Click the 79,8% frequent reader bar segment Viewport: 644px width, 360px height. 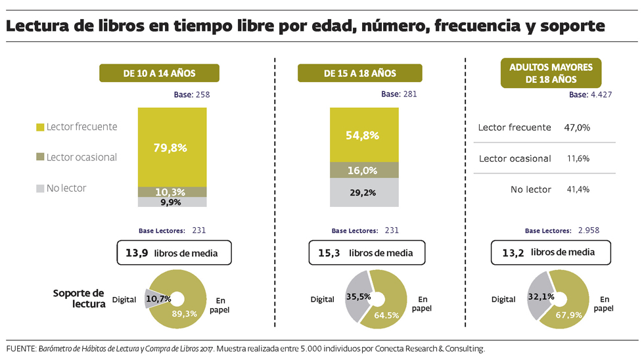click(172, 147)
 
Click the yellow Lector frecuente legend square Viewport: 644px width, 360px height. click(41, 127)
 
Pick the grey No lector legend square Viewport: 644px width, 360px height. click(41, 189)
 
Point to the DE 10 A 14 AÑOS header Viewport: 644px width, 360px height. click(158, 73)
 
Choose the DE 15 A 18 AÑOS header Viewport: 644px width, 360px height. click(359, 73)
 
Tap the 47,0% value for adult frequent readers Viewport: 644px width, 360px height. click(577, 127)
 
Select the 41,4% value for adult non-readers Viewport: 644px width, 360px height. click(577, 189)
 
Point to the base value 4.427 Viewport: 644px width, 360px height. click(601, 94)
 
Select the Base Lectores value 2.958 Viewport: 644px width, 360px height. click(588, 231)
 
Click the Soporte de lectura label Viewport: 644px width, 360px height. click(79, 298)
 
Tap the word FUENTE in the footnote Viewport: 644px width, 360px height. click(20, 348)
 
